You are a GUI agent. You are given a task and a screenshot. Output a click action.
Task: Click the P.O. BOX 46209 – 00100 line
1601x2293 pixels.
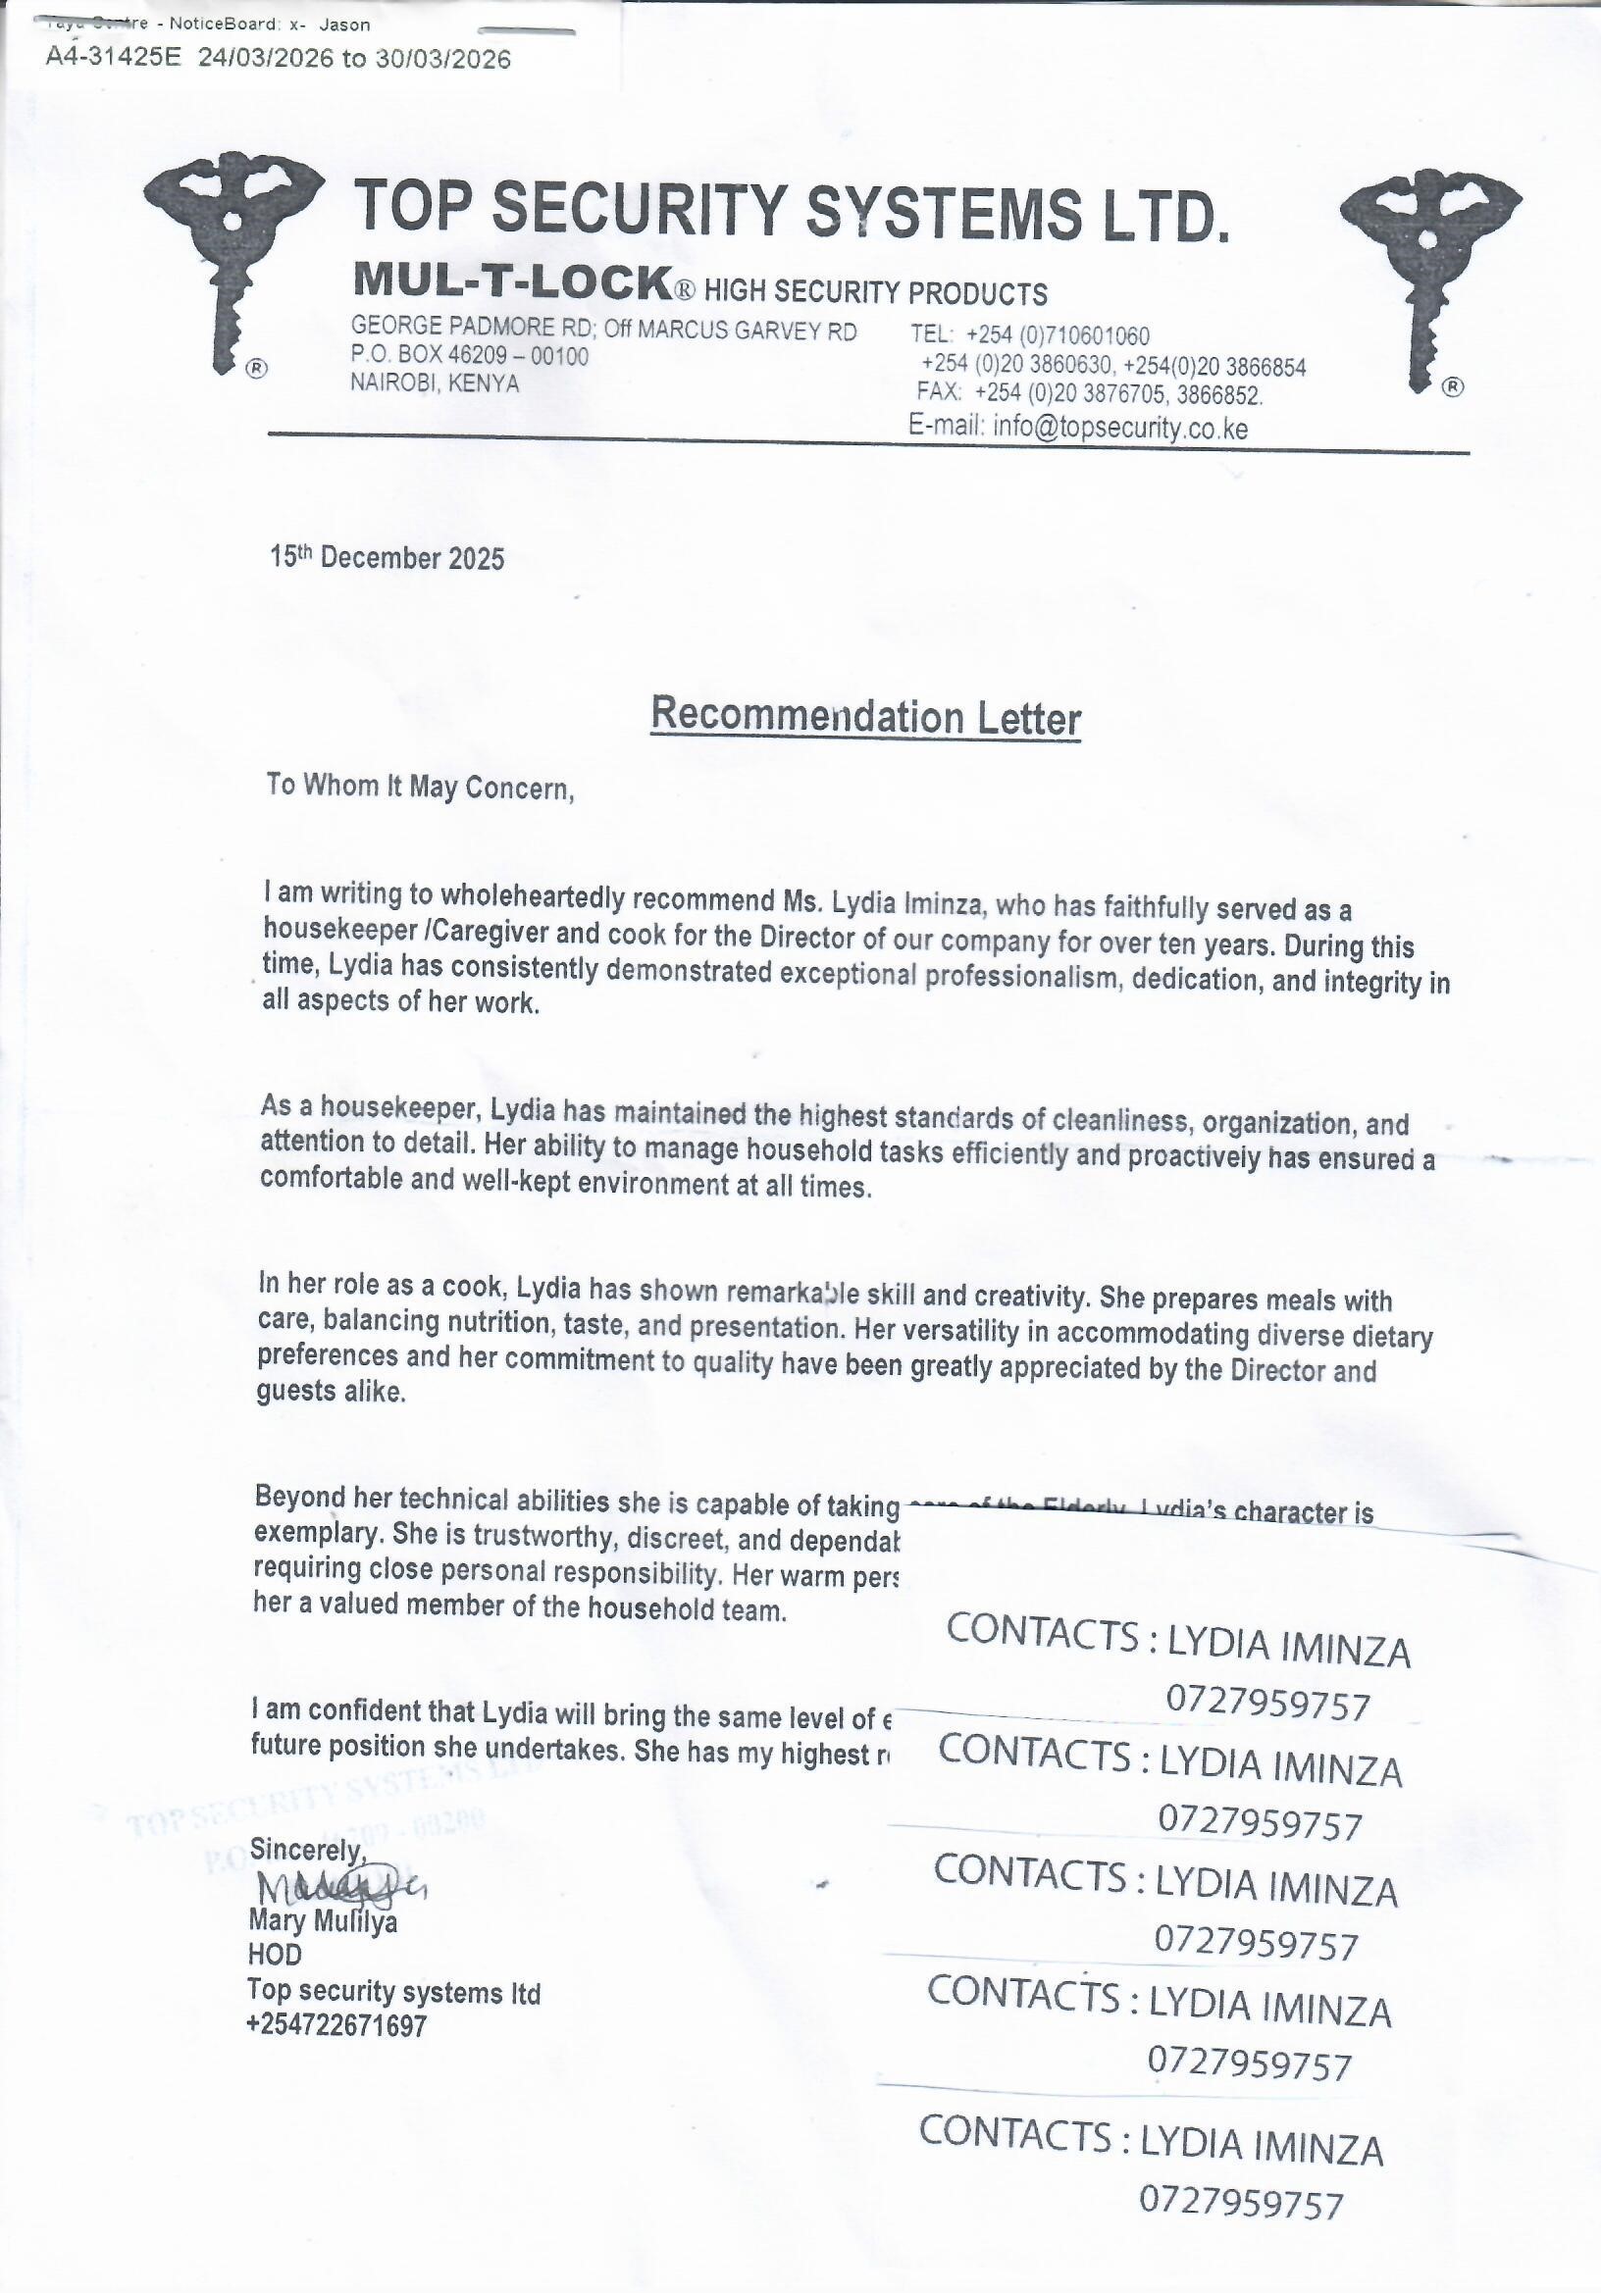click(470, 356)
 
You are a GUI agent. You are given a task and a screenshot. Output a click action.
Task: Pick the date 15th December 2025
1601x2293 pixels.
click(387, 557)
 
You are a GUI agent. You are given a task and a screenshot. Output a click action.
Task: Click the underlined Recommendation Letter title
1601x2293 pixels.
click(865, 717)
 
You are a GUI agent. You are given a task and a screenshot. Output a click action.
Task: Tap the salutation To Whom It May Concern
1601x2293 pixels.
click(420, 787)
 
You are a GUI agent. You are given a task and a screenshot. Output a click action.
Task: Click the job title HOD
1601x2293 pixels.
click(275, 1955)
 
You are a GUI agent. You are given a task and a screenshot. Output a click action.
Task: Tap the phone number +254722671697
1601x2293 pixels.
click(337, 2025)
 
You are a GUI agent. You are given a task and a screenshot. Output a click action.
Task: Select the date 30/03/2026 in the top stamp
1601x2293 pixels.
click(442, 59)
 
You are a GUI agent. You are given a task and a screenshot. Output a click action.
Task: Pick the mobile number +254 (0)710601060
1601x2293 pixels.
click(1057, 335)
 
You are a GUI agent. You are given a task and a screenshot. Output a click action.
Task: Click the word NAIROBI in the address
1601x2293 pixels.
click(393, 382)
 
